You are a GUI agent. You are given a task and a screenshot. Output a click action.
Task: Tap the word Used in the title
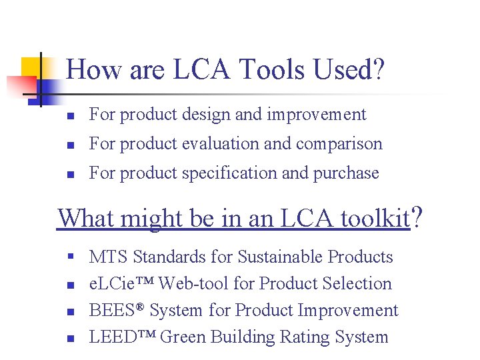pos(346,69)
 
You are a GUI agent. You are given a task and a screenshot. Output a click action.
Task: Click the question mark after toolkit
pos(417,217)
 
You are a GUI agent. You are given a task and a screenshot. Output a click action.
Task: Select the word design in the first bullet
pos(203,115)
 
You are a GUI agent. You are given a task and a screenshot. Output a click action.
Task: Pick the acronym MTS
pos(109,257)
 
